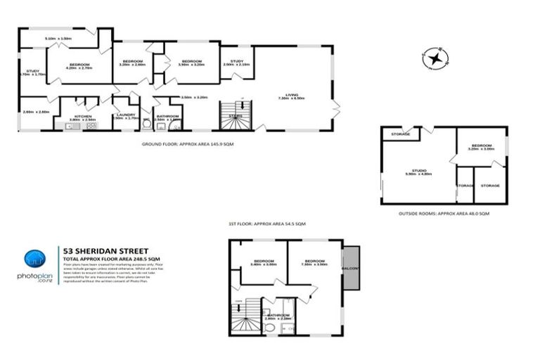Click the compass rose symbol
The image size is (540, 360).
point(435,59)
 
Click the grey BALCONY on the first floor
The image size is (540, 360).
point(351,267)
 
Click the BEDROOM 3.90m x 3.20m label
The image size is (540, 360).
point(192,63)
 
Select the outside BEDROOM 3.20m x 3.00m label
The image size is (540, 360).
point(482,147)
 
